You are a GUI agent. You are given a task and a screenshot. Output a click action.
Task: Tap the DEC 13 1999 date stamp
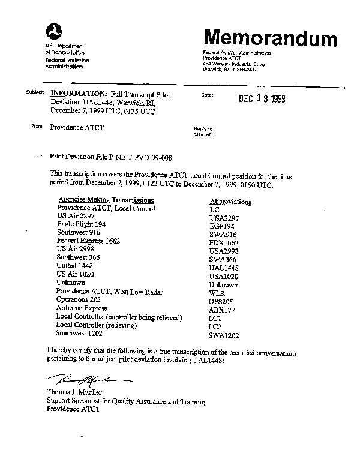260,99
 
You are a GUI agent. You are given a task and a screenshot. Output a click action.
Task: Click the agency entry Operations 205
79,299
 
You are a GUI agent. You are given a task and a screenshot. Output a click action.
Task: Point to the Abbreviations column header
231,202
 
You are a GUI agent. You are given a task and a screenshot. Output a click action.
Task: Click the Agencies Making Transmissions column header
106,200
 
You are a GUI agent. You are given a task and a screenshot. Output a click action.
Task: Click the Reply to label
203,129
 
